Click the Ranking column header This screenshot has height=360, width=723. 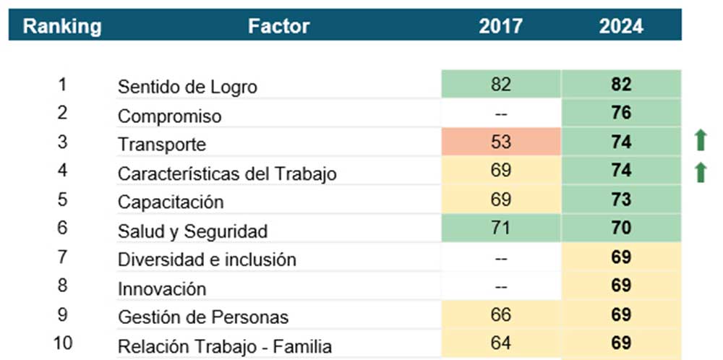pyautogui.click(x=62, y=27)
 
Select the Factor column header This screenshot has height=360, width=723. pyautogui.click(x=278, y=27)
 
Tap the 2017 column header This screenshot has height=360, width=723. pyautogui.click(x=500, y=27)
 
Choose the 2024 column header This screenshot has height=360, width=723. pyautogui.click(x=621, y=27)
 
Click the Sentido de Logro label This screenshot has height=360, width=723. pyautogui.click(x=187, y=87)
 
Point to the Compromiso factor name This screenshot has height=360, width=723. pyautogui.click(x=169, y=116)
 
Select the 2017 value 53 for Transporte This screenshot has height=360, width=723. pyautogui.click(x=500, y=142)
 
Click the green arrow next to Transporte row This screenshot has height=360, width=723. pyautogui.click(x=700, y=140)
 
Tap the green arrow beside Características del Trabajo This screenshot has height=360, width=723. pyautogui.click(x=700, y=172)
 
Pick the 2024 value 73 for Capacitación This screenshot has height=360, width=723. pyautogui.click(x=621, y=200)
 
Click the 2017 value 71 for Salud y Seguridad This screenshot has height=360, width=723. pyautogui.click(x=500, y=228)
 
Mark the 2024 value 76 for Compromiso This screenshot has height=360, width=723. pyautogui.click(x=621, y=113)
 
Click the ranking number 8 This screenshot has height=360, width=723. pyautogui.click(x=62, y=285)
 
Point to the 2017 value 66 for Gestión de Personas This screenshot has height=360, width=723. pyautogui.click(x=500, y=315)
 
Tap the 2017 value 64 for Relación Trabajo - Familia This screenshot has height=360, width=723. pyautogui.click(x=500, y=343)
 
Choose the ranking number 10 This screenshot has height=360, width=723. pyautogui.click(x=62, y=343)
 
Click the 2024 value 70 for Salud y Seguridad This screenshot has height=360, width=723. pyautogui.click(x=621, y=228)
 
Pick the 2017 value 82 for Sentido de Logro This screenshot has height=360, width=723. pyautogui.click(x=500, y=84)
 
